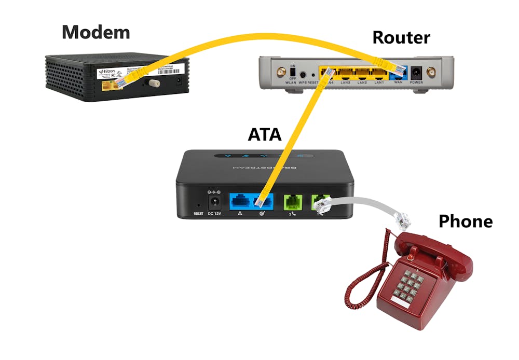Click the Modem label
click(x=95, y=32)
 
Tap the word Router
click(x=401, y=37)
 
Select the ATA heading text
click(x=264, y=134)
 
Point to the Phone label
click(x=465, y=221)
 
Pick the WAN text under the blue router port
click(x=399, y=82)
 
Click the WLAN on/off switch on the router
click(x=293, y=72)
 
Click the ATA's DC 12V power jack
click(x=213, y=200)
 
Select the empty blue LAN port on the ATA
click(x=239, y=200)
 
